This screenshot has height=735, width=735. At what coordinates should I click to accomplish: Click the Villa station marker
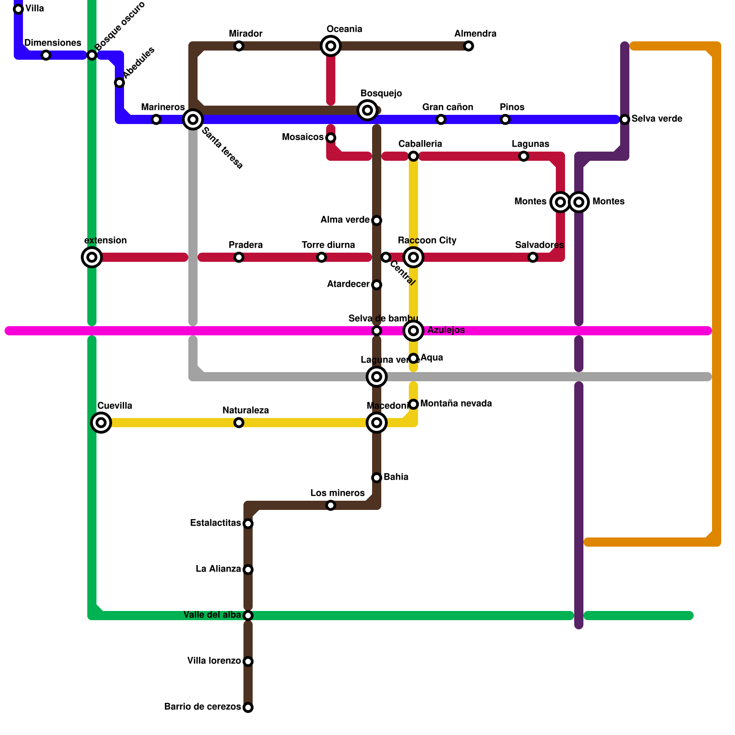tap(18, 9)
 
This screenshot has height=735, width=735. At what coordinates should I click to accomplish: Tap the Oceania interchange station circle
tap(331, 46)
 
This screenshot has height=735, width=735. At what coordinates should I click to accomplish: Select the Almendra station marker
tap(469, 46)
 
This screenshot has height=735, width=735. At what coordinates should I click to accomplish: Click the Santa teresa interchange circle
tap(193, 119)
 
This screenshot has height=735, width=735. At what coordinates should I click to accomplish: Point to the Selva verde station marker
tap(625, 119)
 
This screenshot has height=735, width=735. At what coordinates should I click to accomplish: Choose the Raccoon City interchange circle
tap(413, 257)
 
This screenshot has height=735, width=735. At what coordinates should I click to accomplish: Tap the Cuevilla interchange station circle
tap(101, 423)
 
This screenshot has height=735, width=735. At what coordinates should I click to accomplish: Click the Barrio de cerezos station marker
tap(248, 707)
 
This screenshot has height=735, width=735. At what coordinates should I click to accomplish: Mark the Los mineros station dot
tap(331, 505)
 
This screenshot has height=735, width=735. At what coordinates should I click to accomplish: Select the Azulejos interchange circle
tap(413, 331)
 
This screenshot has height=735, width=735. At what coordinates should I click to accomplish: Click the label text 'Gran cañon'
tap(447, 107)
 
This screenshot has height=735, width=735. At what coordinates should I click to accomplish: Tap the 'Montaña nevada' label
tap(456, 404)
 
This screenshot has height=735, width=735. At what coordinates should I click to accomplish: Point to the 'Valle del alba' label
tap(212, 615)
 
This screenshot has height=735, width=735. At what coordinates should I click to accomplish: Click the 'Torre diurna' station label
tap(328, 245)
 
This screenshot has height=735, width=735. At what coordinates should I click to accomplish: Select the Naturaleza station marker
tap(239, 423)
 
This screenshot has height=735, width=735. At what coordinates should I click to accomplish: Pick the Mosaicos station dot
tap(331, 138)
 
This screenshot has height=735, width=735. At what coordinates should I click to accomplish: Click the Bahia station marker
tap(377, 478)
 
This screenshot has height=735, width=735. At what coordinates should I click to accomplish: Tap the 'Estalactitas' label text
tap(215, 523)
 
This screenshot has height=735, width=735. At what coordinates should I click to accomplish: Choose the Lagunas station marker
tap(524, 156)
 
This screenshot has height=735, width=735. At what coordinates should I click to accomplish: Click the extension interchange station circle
tap(92, 257)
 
